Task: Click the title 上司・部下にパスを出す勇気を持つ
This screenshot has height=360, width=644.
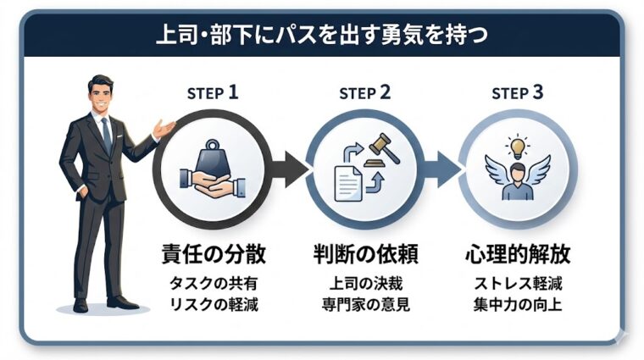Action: (322, 36)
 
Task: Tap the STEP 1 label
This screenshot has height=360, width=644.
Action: (212, 93)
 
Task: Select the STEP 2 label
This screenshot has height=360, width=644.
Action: (364, 93)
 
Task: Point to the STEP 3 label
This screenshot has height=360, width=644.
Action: (517, 93)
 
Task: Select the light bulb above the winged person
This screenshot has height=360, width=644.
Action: (515, 146)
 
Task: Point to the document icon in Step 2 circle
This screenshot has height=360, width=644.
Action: (347, 182)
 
